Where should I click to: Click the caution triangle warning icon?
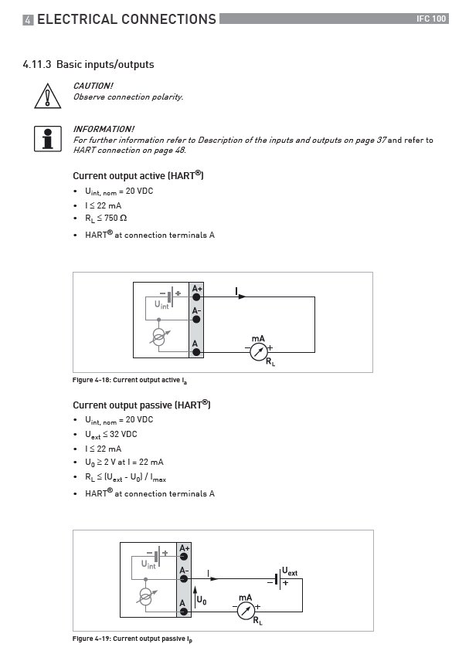click(x=48, y=97)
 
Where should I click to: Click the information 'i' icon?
click(x=48, y=139)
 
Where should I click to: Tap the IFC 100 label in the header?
click(x=431, y=19)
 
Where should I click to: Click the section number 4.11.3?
click(x=37, y=64)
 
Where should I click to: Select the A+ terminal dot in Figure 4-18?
click(x=196, y=297)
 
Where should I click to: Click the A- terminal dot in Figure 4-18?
click(x=196, y=320)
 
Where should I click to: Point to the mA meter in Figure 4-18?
click(x=258, y=352)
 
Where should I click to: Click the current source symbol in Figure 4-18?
click(x=158, y=337)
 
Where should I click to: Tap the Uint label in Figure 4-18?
click(x=161, y=305)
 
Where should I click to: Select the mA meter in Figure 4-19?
click(x=246, y=611)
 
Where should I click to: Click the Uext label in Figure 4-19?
click(x=290, y=571)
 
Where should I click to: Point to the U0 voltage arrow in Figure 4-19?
click(x=195, y=598)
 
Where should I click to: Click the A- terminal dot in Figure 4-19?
click(x=184, y=579)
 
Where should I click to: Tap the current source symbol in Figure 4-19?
click(x=146, y=596)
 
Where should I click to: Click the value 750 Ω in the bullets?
click(x=116, y=218)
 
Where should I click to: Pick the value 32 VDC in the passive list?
click(x=124, y=434)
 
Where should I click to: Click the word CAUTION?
click(x=93, y=86)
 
